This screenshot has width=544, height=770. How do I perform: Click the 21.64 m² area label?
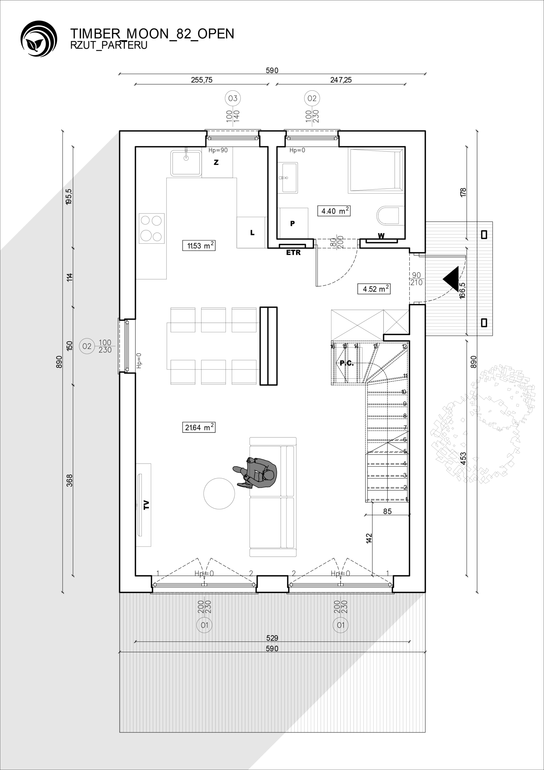(x=198, y=427)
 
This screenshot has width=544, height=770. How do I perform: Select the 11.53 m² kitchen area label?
(x=198, y=245)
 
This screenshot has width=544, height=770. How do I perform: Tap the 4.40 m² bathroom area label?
(x=334, y=211)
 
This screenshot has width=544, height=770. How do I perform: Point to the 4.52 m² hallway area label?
(x=374, y=289)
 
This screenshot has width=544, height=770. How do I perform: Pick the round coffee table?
(x=219, y=493)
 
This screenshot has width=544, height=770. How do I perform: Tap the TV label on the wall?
(x=146, y=505)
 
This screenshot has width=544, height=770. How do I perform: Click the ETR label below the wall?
(x=293, y=253)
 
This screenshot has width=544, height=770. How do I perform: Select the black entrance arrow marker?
(x=451, y=279)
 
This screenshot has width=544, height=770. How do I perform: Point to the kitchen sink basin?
(x=186, y=163)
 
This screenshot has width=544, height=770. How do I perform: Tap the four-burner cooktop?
(x=152, y=228)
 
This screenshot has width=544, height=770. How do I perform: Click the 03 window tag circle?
(x=233, y=98)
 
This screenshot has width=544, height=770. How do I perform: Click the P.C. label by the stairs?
(x=347, y=363)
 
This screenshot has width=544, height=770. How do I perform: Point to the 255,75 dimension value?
(x=202, y=80)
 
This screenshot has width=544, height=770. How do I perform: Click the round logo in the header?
(x=39, y=38)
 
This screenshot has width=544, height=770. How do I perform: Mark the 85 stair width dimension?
(x=387, y=511)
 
